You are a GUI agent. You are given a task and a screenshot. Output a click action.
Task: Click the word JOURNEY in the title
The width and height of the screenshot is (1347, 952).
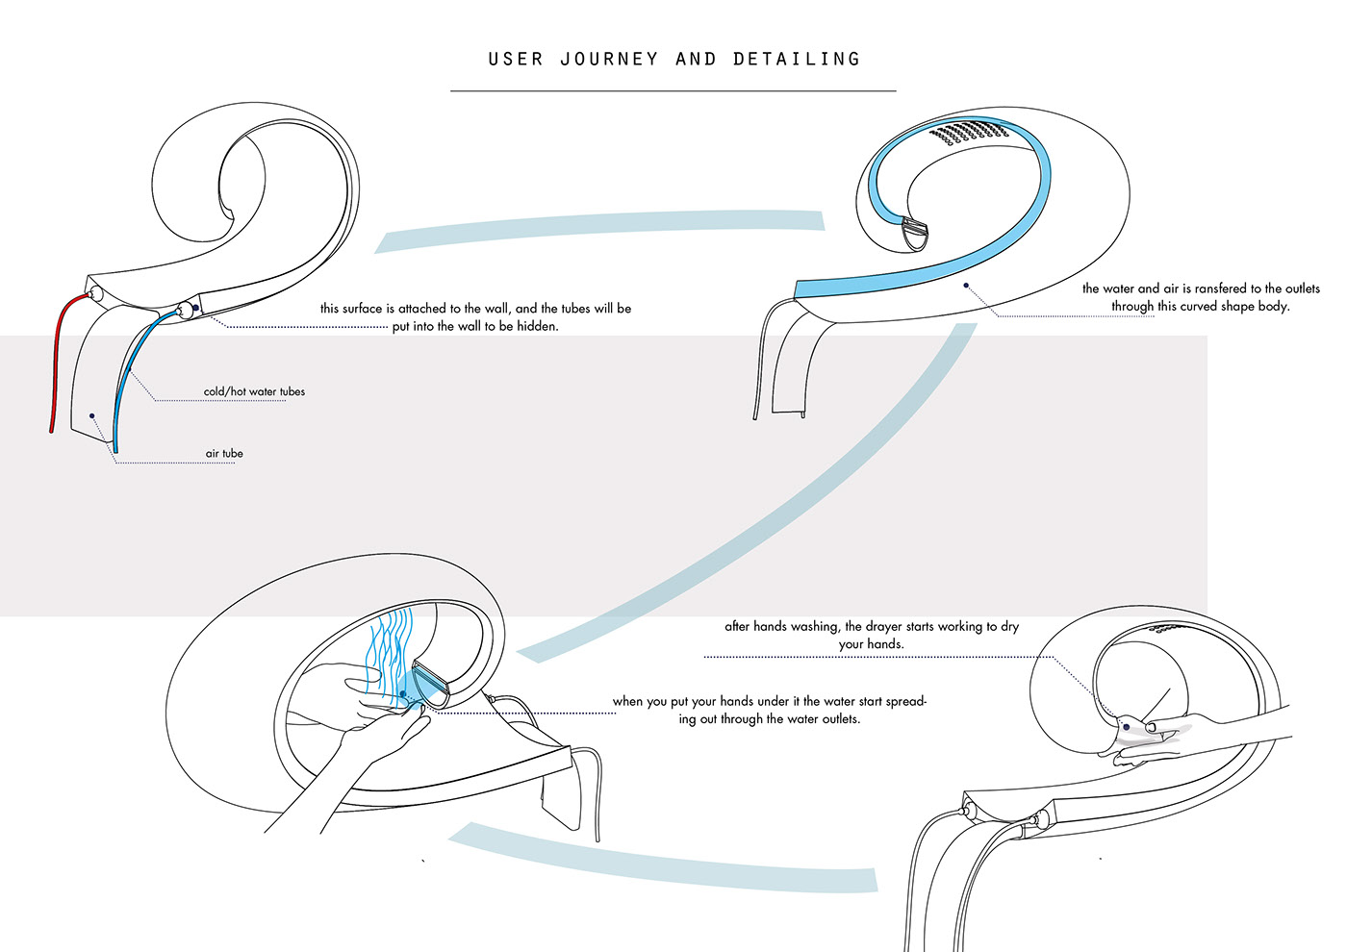(609, 60)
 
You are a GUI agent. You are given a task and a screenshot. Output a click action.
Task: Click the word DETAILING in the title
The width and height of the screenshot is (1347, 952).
(797, 60)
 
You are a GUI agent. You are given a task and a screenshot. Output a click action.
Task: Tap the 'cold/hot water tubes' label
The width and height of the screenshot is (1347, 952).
(254, 391)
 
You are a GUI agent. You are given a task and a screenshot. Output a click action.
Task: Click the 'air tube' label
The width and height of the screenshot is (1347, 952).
(224, 454)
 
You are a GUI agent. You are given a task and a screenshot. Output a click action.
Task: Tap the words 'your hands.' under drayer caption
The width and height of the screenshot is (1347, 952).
(871, 644)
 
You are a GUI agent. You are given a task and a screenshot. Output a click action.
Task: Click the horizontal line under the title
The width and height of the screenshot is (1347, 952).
(673, 91)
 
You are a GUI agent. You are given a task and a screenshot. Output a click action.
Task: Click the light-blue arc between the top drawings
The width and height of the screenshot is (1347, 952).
(597, 228)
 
